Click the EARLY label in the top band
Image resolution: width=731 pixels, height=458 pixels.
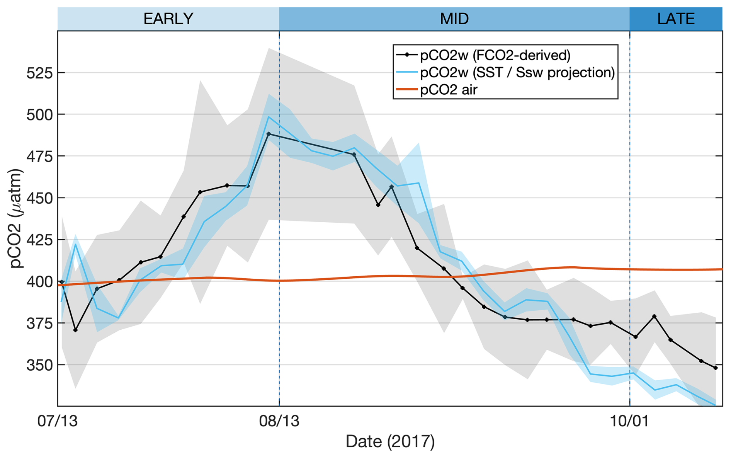pyautogui.click(x=168, y=19)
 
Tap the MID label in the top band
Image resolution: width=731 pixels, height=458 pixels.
pyautogui.click(x=454, y=19)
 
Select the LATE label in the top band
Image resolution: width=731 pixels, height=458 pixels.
pyautogui.click(x=676, y=19)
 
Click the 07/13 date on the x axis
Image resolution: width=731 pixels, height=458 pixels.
pyautogui.click(x=58, y=421)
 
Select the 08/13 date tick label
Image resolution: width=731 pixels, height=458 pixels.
pyautogui.click(x=279, y=421)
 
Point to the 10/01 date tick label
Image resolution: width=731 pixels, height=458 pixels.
pyautogui.click(x=629, y=421)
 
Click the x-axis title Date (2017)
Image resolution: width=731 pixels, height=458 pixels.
pyautogui.click(x=390, y=441)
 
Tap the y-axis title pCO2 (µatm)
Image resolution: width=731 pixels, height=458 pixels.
pyautogui.click(x=16, y=218)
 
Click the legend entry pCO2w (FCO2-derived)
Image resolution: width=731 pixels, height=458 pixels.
pyautogui.click(x=495, y=55)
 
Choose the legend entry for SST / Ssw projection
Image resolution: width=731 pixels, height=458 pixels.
pyautogui.click(x=517, y=72)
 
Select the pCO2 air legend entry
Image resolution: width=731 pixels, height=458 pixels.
pyautogui.click(x=449, y=90)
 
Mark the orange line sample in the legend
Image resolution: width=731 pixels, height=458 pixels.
pyautogui.click(x=406, y=90)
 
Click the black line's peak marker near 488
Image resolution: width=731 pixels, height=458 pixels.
pyautogui.click(x=269, y=134)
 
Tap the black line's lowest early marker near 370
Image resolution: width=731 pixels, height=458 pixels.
pyautogui.click(x=75, y=330)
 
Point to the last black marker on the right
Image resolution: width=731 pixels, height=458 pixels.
pyautogui.click(x=716, y=368)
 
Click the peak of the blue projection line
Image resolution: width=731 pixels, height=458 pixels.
pyautogui.click(x=269, y=117)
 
